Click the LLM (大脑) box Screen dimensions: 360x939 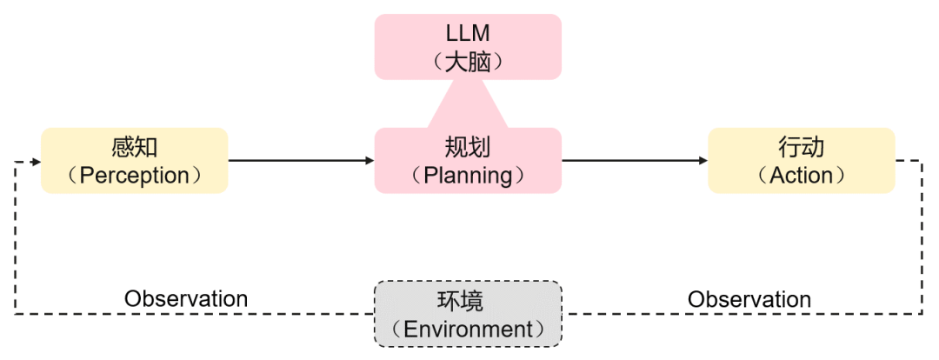point(468,47)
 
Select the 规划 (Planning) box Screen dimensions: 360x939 point(468,161)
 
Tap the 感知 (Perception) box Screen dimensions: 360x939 point(134,161)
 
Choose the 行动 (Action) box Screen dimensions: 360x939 point(801,161)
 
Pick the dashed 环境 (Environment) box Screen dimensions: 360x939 point(468,313)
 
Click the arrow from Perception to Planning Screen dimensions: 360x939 point(300,161)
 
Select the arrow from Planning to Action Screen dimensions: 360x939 point(634,161)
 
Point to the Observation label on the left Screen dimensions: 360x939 point(186,299)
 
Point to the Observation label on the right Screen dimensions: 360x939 point(749,299)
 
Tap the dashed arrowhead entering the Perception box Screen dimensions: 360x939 point(35,162)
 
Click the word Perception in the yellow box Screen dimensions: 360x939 point(134,176)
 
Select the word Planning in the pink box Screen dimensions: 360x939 point(468,176)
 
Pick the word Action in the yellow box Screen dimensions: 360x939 point(801,176)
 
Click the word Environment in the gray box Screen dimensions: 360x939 point(468,330)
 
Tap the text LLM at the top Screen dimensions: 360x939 point(468,33)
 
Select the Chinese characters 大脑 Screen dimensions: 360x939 point(468,62)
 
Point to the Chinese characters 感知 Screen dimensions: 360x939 point(134,146)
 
